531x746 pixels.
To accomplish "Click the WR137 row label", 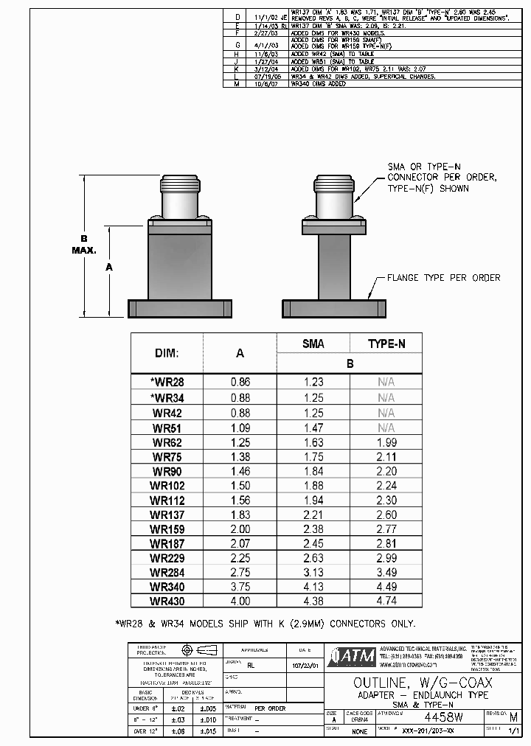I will pos(167,515).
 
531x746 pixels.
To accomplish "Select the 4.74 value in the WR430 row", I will pos(386,601).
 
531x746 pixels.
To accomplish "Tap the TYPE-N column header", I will pos(386,344).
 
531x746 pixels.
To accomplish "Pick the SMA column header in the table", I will pos(313,344).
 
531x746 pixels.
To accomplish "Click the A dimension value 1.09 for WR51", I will pos(240,428).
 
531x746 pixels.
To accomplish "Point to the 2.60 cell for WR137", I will pos(386,515).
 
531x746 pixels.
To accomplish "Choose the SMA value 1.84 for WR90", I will pos(313,471).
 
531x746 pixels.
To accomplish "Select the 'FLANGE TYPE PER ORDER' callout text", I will pos(443,278).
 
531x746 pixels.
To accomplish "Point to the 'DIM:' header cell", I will pos(167,353).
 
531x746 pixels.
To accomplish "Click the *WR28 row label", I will pos(167,382).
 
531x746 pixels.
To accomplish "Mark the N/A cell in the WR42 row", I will pos(386,413).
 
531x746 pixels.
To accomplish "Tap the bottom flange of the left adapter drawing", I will pos(179,307).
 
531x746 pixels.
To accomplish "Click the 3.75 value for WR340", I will pos(240,587).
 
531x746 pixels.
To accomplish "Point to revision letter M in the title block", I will pos(513,717).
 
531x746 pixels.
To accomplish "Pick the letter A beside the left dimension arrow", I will pos(109,268).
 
